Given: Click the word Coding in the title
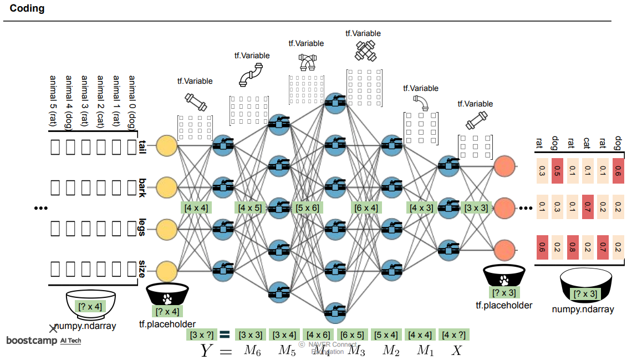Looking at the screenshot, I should point(27,9).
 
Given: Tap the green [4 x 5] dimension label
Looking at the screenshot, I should point(249,208).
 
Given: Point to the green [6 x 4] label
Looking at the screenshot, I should point(366,208).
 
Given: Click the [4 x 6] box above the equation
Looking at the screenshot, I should point(318,334).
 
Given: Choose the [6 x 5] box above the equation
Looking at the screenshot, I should point(352,334).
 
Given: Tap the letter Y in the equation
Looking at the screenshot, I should point(207,351).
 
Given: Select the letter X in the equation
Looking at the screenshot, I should point(456,351).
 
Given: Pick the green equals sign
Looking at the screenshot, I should point(225,334).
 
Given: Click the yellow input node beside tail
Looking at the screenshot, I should point(167,145).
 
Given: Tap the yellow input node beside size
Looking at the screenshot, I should point(167,272).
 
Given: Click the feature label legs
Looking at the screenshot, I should point(142,227).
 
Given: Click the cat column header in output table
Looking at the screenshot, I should point(587,144).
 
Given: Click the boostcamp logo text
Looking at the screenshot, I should point(32,340).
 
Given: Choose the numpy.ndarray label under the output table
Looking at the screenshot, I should point(583,309).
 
